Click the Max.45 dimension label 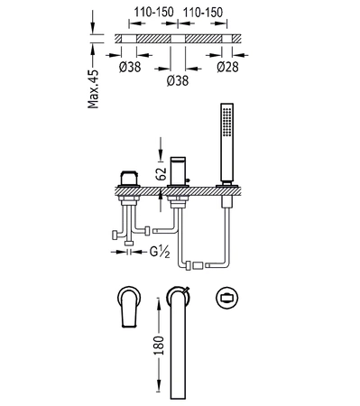coord(93,89)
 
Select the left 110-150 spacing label coord(153,13)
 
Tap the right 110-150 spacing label coord(203,13)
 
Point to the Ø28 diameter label coord(227,67)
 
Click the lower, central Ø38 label coord(178,80)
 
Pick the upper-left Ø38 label coord(130,67)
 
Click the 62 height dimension coord(162,173)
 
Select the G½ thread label coord(160,252)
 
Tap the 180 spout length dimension coord(159,346)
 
